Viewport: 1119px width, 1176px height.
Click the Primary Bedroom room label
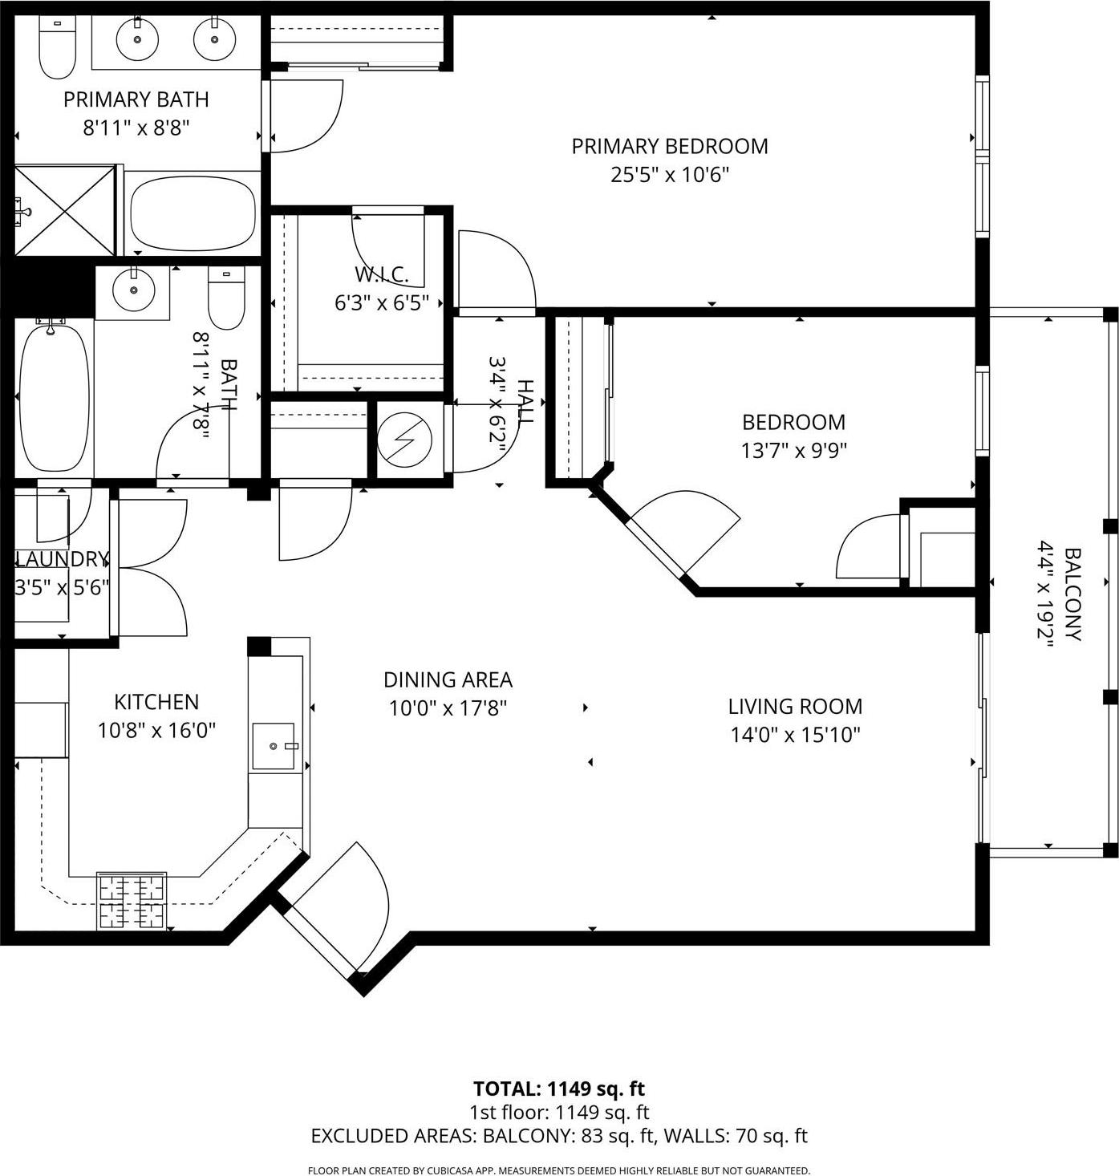[x=669, y=146]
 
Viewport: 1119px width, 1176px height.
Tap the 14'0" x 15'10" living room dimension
[x=795, y=735]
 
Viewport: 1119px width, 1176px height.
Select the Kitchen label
[x=156, y=702]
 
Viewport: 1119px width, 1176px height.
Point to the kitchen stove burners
[x=132, y=900]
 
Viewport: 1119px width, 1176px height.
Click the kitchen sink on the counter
[x=274, y=746]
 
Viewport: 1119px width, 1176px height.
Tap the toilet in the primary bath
[x=57, y=47]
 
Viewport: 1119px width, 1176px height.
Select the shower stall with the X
[x=65, y=209]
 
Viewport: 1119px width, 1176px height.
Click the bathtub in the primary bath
[x=191, y=213]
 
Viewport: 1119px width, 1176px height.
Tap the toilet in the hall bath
[x=226, y=299]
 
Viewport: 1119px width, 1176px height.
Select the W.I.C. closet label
[x=382, y=274]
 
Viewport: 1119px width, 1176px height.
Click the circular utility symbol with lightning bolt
[x=405, y=439]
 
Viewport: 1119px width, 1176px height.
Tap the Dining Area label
[x=448, y=680]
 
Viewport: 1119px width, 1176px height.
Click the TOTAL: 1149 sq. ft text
[x=559, y=1089]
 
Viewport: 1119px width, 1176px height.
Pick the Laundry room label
[x=62, y=559]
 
